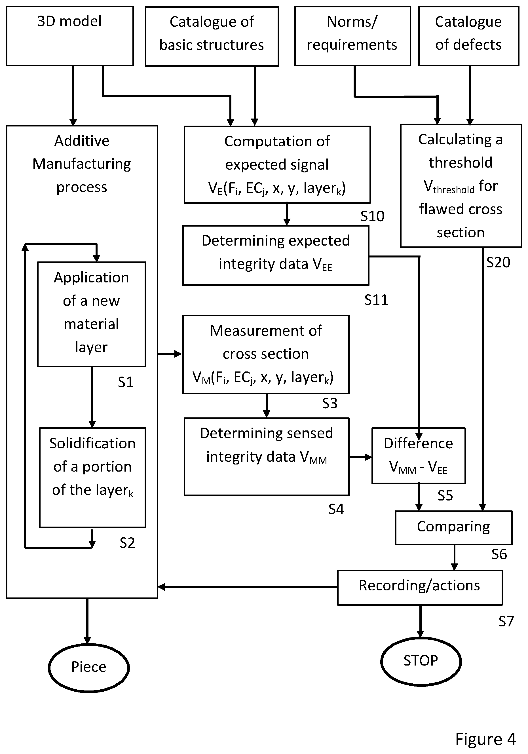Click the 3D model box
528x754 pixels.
point(69,36)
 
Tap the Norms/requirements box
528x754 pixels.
point(352,36)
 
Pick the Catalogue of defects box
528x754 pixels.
point(468,36)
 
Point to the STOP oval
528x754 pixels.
point(421,661)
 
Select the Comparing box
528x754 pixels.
point(453,528)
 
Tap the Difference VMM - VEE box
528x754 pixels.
point(418,455)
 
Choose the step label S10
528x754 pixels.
point(372,216)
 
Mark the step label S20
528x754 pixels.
point(498,262)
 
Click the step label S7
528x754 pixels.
point(506,621)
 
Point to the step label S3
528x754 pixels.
point(330,403)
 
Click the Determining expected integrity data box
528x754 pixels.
point(276,255)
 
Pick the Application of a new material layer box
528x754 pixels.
point(92,314)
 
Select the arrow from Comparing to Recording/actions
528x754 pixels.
point(455,557)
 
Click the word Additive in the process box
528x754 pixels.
point(82,141)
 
